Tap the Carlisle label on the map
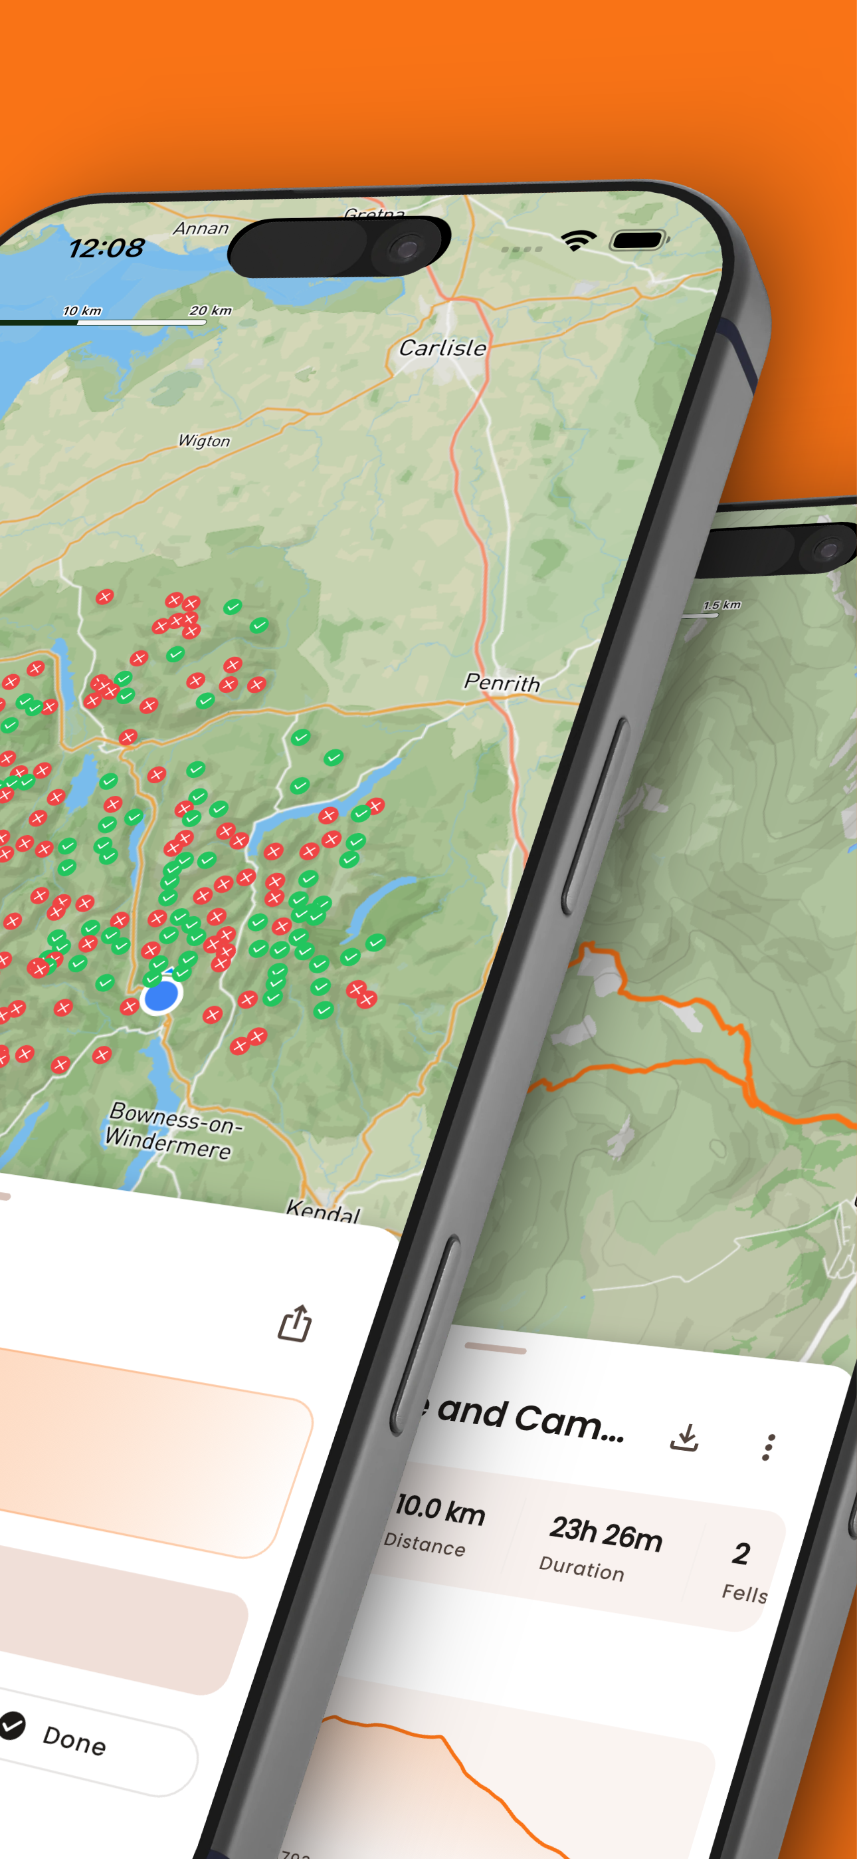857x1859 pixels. coord(443,348)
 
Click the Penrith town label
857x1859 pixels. coord(502,682)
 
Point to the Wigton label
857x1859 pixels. coord(204,440)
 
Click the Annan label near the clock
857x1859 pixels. coord(201,228)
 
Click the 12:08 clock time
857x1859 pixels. coord(106,248)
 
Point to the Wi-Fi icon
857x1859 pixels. coord(578,239)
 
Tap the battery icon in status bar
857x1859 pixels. coord(638,239)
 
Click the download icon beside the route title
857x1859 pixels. coord(684,1437)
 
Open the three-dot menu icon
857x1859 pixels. coord(769,1447)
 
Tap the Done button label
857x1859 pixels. coord(74,1740)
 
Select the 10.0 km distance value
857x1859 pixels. coord(440,1509)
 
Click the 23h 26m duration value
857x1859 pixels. coord(605,1533)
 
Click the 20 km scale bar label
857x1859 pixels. coord(210,310)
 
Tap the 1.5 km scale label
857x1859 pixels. coord(721,605)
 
